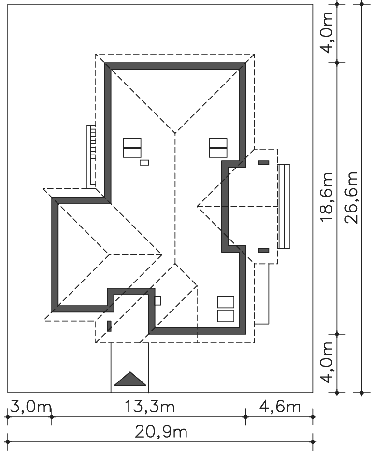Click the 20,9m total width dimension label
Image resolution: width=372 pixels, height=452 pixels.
pyautogui.click(x=161, y=432)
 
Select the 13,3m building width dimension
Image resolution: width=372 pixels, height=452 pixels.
pyautogui.click(x=149, y=407)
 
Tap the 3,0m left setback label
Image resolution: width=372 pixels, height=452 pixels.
pyautogui.click(x=30, y=407)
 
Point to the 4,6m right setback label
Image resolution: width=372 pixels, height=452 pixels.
pyautogui.click(x=280, y=407)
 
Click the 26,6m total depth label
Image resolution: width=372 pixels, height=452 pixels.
pyautogui.click(x=352, y=198)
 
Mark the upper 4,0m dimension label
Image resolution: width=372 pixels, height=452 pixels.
pyautogui.click(x=327, y=32)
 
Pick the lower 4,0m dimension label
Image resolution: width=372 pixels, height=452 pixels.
pyautogui.click(x=327, y=363)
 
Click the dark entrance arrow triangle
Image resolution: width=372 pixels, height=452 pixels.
pyautogui.click(x=130, y=379)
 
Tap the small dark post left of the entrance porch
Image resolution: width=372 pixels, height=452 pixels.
pyautogui.click(x=109, y=326)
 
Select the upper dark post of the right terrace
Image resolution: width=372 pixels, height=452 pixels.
pyautogui.click(x=264, y=163)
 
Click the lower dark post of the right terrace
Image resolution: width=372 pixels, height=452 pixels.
pyautogui.click(x=264, y=250)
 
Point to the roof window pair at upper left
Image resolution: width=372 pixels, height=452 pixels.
pyautogui.click(x=132, y=148)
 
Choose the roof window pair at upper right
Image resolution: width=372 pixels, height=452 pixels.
pyautogui.click(x=218, y=148)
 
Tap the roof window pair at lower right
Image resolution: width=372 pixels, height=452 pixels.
pyautogui.click(x=226, y=309)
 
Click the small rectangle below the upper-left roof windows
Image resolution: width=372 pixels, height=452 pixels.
pyautogui.click(x=144, y=163)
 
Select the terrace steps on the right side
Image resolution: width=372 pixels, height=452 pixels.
pyautogui.click(x=284, y=206)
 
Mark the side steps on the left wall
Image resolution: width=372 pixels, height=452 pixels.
pyautogui.click(x=91, y=157)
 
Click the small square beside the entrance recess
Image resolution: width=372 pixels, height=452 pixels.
pyautogui.click(x=158, y=300)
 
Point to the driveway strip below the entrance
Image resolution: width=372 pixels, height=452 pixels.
pyautogui.click(x=130, y=367)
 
